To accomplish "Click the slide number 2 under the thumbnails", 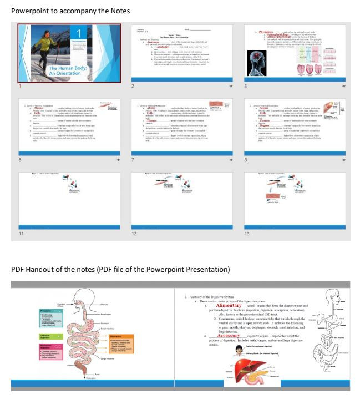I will click(133, 87).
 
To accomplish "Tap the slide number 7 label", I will click(133, 160).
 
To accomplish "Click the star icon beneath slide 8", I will click(344, 160).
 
